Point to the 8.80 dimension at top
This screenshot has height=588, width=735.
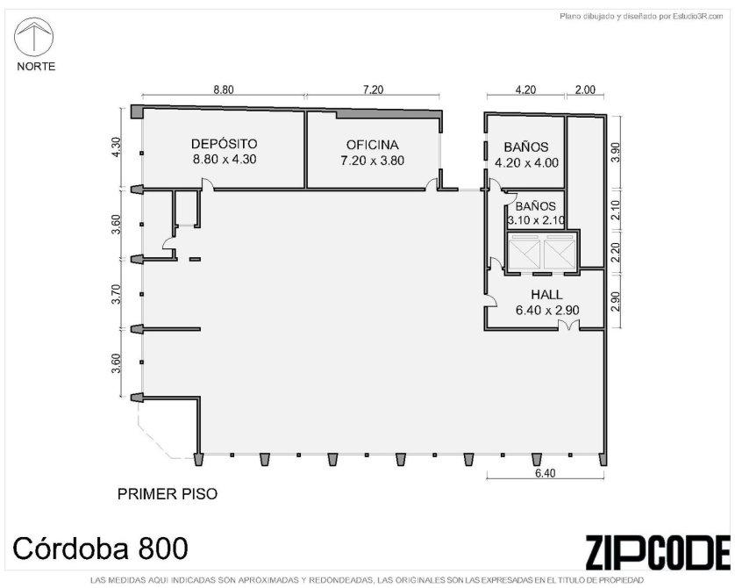click(x=224, y=90)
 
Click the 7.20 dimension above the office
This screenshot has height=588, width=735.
click(x=373, y=90)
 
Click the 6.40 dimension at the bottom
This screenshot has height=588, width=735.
click(x=546, y=473)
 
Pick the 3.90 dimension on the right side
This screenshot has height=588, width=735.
click(x=616, y=152)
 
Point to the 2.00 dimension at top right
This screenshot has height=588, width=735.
click(x=585, y=90)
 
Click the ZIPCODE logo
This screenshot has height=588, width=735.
click(x=658, y=552)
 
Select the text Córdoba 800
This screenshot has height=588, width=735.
click(x=100, y=549)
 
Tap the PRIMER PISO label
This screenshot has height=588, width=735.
click(x=168, y=494)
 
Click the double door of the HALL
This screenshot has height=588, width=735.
click(x=568, y=325)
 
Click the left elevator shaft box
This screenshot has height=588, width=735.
click(x=524, y=255)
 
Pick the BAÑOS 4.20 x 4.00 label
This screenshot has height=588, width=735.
click(x=526, y=154)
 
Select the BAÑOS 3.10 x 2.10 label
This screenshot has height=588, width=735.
click(x=536, y=213)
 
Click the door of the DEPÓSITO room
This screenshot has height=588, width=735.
click(x=207, y=185)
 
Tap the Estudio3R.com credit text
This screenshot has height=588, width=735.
click(x=641, y=17)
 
